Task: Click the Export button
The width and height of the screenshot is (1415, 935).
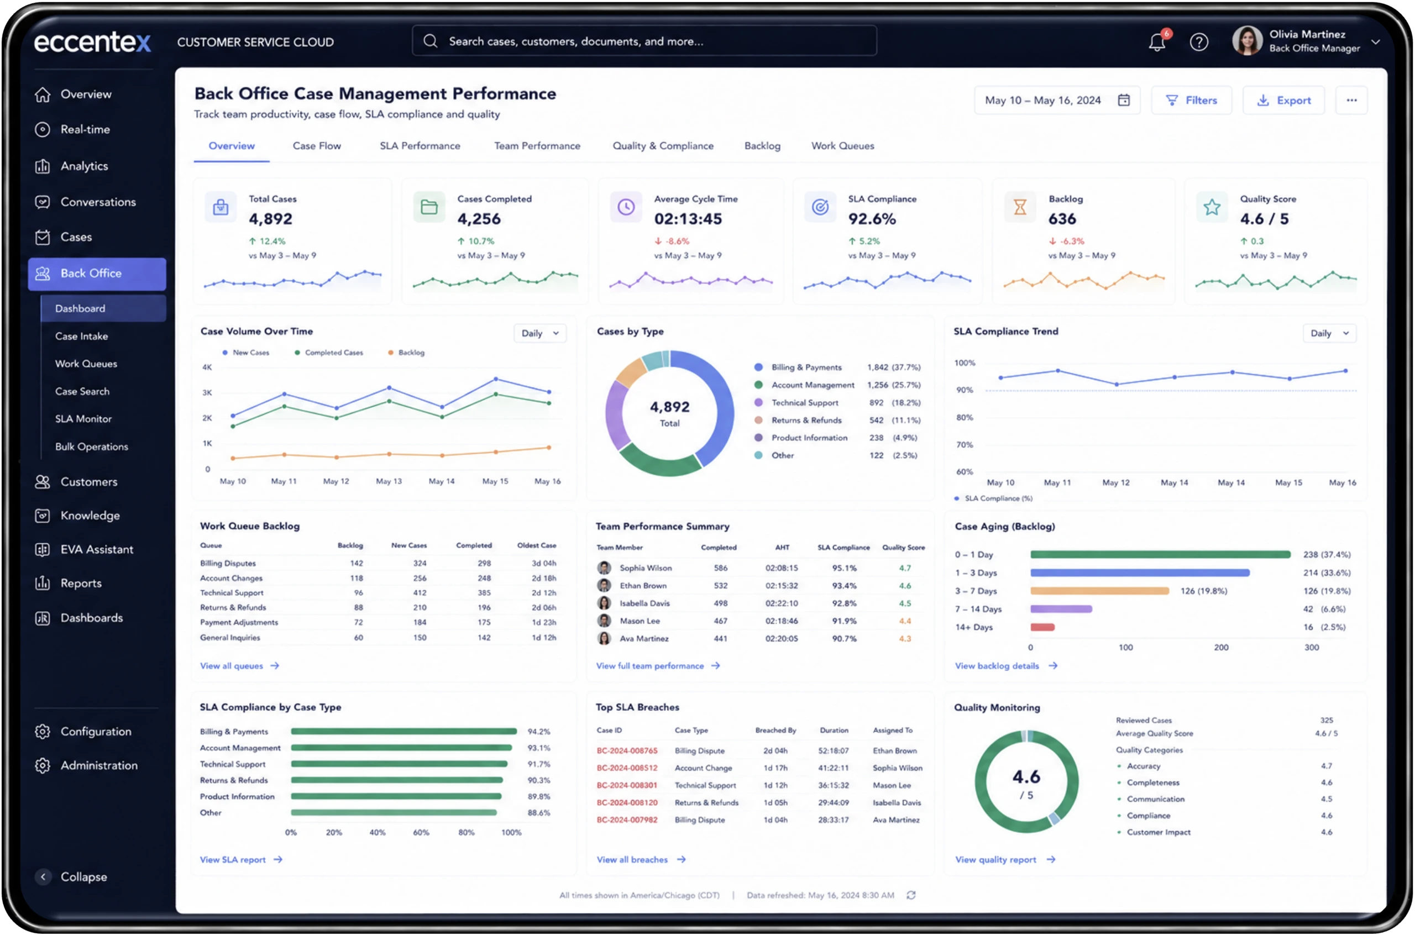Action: pos(1283,100)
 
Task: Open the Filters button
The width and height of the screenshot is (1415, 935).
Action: pos(1191,100)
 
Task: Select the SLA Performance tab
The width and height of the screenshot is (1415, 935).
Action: pos(420,145)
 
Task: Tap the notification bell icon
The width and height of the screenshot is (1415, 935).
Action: pos(1157,43)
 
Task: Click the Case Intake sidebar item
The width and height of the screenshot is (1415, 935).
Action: pos(82,336)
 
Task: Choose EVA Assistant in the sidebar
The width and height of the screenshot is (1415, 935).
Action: pos(97,549)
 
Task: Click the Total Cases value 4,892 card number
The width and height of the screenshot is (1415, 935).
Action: pos(271,219)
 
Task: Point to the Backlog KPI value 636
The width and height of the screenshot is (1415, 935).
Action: pos(1062,219)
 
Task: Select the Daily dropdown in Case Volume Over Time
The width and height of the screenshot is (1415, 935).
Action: pos(539,333)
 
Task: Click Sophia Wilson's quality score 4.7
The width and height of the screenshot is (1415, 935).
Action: pos(905,568)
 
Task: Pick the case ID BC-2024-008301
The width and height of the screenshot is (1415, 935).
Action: pos(627,785)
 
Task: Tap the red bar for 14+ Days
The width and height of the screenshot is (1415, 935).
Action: pos(1042,627)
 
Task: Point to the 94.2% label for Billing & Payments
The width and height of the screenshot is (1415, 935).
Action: pos(539,731)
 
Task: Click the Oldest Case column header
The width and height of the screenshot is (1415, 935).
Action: pos(537,545)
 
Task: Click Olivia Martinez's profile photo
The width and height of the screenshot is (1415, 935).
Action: pos(1247,40)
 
